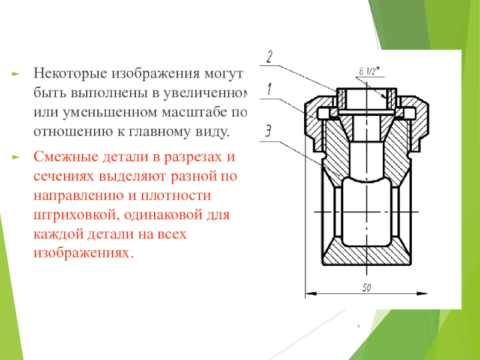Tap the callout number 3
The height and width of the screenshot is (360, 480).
[268, 130]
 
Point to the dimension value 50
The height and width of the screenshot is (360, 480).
[366, 288]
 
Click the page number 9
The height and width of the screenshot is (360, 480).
[358, 326]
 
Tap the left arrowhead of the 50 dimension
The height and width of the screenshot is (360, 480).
[310, 294]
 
